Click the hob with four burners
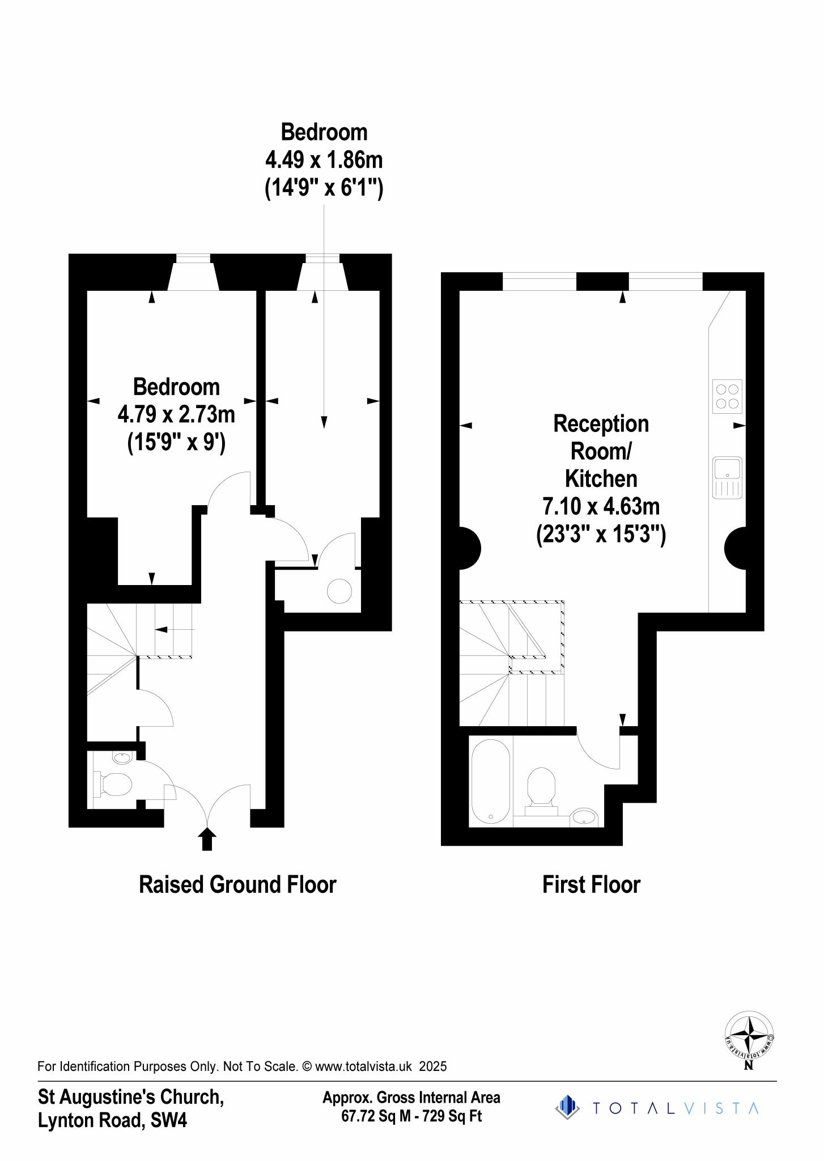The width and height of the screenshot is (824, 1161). tap(727, 396)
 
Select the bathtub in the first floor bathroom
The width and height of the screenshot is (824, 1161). tap(490, 781)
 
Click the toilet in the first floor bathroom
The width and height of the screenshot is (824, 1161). tap(541, 788)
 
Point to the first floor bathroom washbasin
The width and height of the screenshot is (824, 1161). tap(583, 817)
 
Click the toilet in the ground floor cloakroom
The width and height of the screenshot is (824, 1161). tap(116, 785)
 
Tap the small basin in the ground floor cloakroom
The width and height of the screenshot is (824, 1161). tap(122, 757)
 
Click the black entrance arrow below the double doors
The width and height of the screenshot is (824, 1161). tap(207, 839)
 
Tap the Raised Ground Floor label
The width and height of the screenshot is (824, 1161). tap(237, 884)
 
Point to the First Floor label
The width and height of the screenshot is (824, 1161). tap(591, 884)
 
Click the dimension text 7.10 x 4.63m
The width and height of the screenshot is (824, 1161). tap(601, 505)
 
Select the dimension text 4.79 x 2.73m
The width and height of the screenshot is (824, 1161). tap(176, 414)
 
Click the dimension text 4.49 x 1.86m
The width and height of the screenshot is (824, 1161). tap(324, 160)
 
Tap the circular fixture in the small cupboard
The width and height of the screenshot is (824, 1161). tap(339, 591)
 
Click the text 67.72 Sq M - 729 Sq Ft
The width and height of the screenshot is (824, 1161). tap(411, 1116)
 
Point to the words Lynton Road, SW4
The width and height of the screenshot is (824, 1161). tap(112, 1120)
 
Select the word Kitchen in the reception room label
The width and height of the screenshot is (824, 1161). tap(601, 478)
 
